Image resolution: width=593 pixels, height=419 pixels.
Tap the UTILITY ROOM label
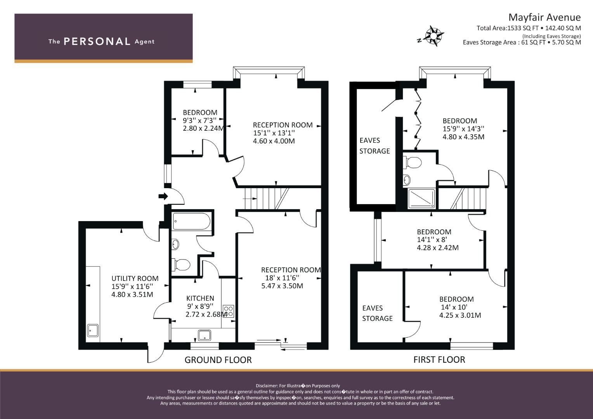135,278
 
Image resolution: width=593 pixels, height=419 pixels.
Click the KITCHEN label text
200,298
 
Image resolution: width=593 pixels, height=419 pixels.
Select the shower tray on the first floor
421,198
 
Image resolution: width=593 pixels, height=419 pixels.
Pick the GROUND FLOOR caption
218,360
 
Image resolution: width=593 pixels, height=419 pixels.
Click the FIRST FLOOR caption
439,360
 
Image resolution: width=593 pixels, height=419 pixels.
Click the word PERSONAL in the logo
97,42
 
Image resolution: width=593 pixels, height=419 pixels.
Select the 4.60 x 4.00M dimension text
274,141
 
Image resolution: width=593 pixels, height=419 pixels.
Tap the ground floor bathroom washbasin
175,244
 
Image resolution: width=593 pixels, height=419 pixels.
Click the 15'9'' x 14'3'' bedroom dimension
463,128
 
